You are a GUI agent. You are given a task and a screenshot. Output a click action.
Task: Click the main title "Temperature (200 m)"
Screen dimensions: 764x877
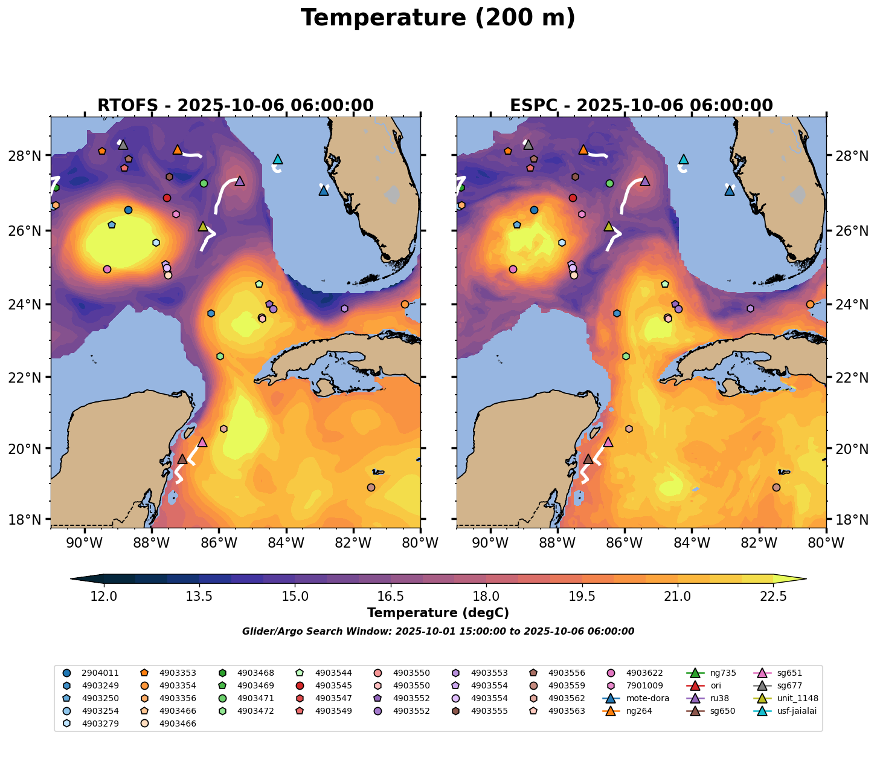pos(438,18)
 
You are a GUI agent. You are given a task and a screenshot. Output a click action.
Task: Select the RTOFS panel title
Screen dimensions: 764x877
pos(236,106)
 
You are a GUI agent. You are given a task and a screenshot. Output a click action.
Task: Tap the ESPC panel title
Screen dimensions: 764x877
pos(641,106)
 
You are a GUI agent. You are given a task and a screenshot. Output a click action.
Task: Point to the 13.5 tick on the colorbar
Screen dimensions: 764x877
pos(199,597)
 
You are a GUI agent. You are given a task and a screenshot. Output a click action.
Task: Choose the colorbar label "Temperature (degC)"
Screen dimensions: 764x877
pos(438,613)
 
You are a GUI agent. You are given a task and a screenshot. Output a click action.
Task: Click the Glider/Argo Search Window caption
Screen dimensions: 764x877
pos(438,632)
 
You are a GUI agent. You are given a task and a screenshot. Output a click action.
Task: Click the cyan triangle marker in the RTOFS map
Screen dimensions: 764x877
pos(278,160)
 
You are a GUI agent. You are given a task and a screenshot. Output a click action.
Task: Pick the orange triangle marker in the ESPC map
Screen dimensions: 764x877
pos(583,150)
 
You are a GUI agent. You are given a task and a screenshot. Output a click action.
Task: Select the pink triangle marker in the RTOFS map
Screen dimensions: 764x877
pos(202,442)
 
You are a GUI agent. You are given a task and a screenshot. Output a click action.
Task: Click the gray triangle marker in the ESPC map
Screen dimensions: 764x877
pos(528,145)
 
